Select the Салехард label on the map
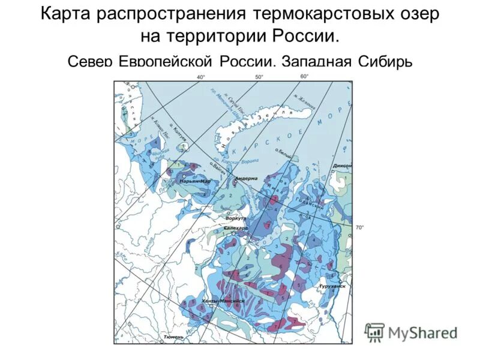point(235,229)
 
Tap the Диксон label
point(344,166)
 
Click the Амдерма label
point(246,178)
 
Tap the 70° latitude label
point(360,227)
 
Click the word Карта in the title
point(67,14)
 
